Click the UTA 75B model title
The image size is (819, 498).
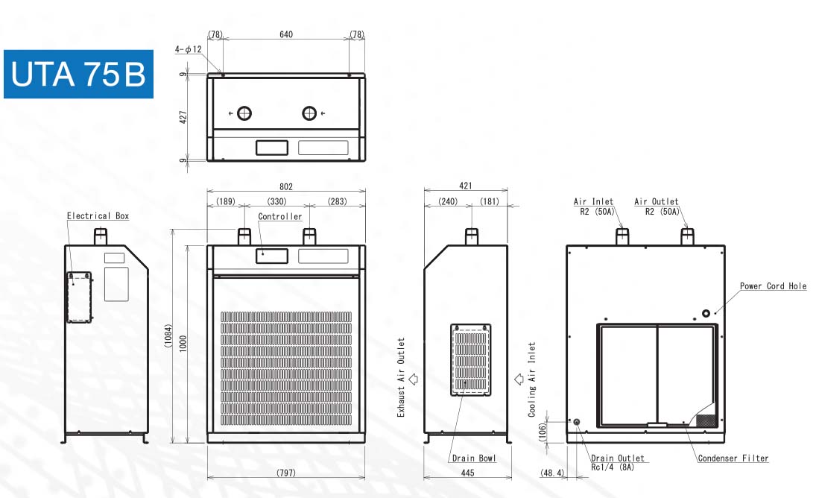pos(78,74)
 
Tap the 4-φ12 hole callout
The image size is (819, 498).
pos(189,49)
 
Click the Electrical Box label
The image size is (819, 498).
pos(98,216)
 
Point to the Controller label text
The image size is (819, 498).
pos(280,217)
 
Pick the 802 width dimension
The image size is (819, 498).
pos(286,187)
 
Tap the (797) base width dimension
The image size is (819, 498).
pos(286,473)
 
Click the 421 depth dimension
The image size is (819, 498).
pos(466,187)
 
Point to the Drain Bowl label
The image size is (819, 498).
pos(473,458)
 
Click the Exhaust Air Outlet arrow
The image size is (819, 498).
pos(414,378)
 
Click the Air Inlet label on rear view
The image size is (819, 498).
pos(593,202)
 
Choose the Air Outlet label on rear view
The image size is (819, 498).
pos(657,202)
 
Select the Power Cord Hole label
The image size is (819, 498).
pos(773,286)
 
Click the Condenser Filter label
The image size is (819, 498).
pos(733,458)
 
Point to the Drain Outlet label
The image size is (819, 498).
pos(618,458)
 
